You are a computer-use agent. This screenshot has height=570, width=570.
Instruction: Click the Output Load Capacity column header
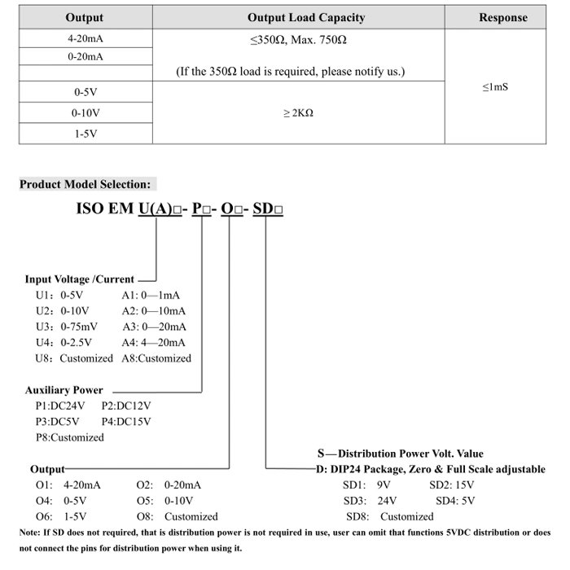306,17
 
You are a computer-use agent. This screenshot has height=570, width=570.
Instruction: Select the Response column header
502,17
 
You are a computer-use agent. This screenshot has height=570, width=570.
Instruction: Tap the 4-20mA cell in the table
85,38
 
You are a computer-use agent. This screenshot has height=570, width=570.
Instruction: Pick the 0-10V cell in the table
85,113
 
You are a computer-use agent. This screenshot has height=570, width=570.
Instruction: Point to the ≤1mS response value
494,86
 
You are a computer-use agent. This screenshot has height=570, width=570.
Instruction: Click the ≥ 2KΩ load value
298,113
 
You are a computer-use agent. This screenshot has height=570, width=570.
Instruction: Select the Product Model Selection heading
85,185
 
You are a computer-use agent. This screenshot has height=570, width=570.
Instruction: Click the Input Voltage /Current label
79,279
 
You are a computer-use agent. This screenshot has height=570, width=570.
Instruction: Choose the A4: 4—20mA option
154,342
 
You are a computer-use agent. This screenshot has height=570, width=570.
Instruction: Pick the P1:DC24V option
61,406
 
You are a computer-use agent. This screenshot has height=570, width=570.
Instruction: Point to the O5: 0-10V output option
164,501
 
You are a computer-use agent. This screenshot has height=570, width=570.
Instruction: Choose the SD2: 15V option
451,484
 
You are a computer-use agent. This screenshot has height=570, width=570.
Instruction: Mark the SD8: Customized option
389,516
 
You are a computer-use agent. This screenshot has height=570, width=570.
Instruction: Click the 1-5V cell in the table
85,133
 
